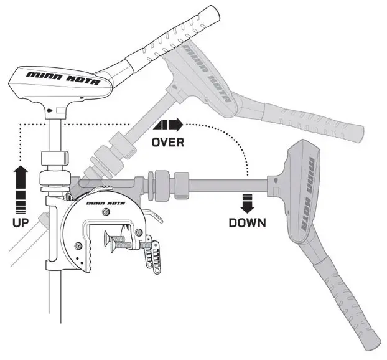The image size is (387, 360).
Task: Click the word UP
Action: (20, 221)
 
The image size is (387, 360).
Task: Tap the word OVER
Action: (168, 142)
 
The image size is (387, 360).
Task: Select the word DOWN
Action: (247, 222)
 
